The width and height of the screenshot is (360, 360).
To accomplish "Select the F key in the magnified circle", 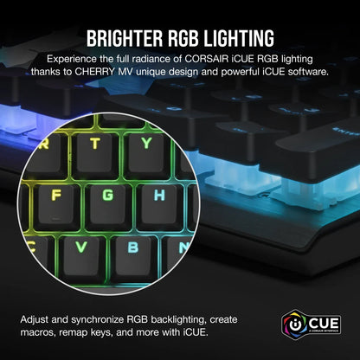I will coord(55,195).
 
